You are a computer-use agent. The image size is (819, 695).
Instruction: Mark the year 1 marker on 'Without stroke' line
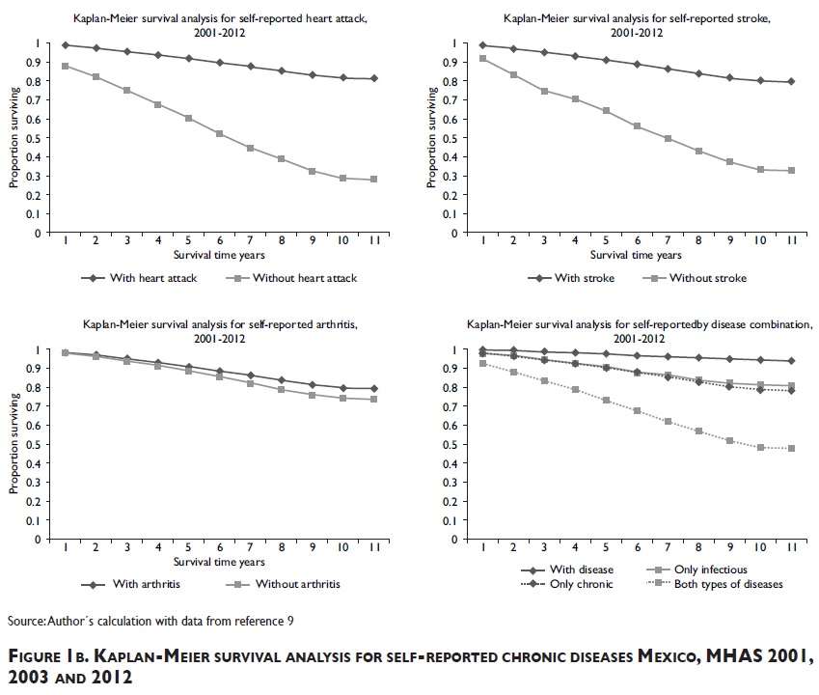pos(482,59)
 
